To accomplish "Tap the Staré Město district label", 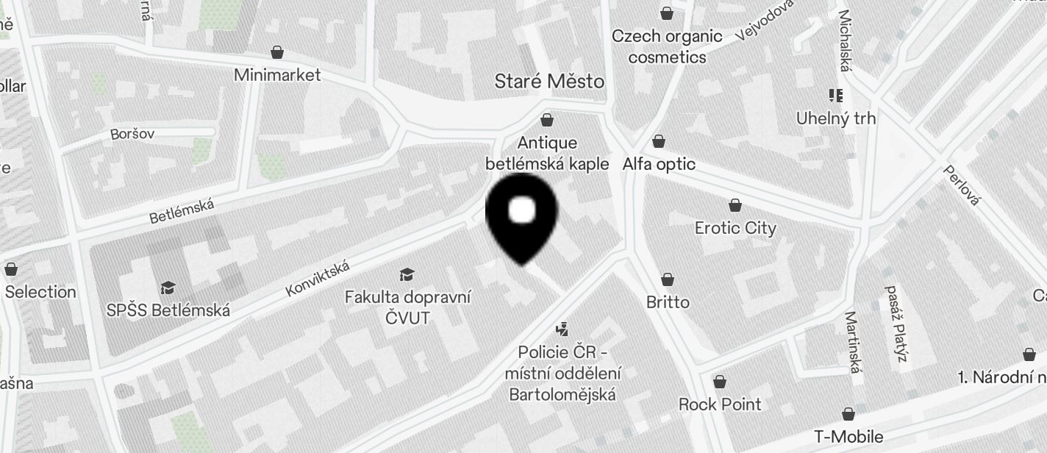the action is (549, 81).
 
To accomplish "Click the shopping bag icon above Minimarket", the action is (277, 52).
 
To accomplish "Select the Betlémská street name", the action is (182, 211).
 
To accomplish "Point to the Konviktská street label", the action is (317, 279).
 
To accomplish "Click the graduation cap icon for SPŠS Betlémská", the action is (168, 288).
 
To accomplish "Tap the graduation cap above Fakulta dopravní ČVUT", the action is (407, 275).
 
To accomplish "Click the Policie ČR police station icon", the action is (562, 329).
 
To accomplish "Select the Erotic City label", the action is (735, 228).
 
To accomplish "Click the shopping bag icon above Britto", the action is (668, 279).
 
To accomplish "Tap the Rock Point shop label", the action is (719, 404).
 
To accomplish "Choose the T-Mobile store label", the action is (848, 437).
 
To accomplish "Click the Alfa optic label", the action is (659, 164).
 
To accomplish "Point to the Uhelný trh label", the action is (836, 118).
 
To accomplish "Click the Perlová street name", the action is (962, 185).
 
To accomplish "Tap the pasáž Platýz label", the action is (895, 324).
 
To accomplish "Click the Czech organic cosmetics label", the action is (667, 46).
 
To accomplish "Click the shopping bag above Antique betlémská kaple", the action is (547, 120).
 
